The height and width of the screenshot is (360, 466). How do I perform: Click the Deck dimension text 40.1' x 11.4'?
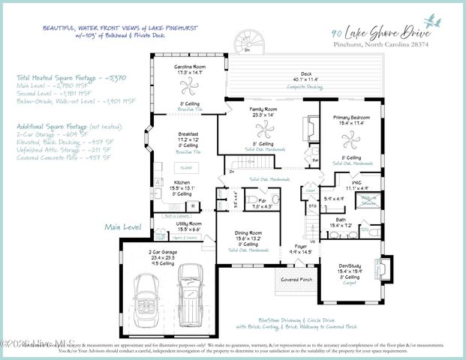tap(306, 79)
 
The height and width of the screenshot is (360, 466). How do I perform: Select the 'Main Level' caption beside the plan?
tap(122, 226)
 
